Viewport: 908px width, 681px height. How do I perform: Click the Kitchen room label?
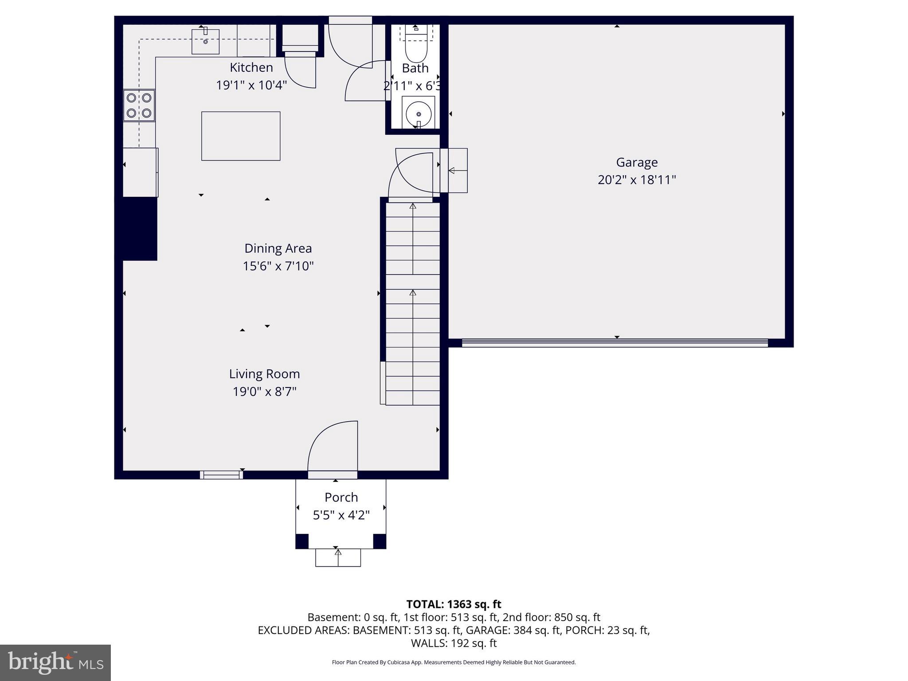251,67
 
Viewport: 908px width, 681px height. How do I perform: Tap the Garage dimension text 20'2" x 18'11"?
636,180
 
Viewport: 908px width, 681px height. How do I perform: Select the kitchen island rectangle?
241,136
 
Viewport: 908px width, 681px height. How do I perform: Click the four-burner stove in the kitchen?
139,106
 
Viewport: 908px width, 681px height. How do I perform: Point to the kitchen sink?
205,42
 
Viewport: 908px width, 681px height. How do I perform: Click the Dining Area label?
278,248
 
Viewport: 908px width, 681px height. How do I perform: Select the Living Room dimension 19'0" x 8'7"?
264,392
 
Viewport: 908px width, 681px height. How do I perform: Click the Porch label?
341,497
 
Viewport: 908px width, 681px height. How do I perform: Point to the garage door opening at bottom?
614,342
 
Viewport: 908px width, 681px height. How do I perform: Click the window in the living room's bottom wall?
221,475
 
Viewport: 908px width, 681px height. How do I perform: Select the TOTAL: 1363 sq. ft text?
454,604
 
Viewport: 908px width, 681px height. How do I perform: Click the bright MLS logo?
55,662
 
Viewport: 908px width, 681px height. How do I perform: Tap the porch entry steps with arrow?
338,557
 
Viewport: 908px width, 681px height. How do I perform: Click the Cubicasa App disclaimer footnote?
454,662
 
